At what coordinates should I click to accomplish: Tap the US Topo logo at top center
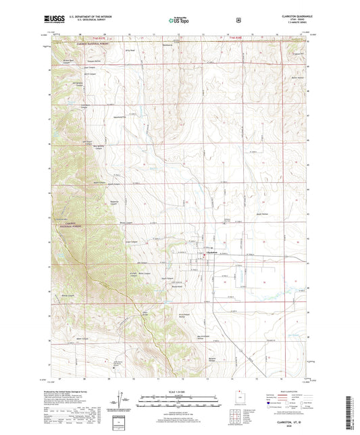180,20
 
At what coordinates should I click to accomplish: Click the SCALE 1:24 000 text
180,390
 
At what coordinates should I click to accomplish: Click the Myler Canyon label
98,183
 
